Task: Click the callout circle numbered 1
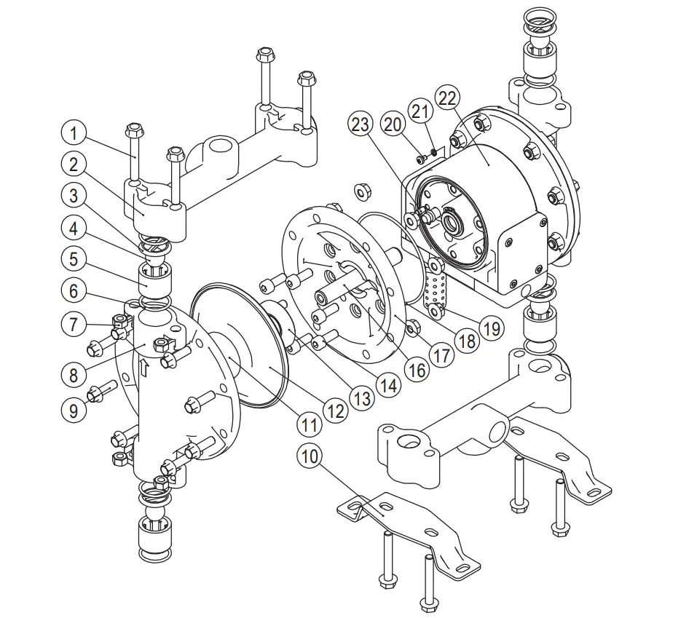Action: [73, 134]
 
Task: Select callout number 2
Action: [73, 165]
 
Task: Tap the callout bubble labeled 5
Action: [73, 258]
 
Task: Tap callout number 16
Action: [416, 370]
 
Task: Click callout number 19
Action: [493, 328]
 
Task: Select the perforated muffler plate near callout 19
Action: [436, 290]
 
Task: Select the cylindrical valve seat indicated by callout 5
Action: [154, 280]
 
